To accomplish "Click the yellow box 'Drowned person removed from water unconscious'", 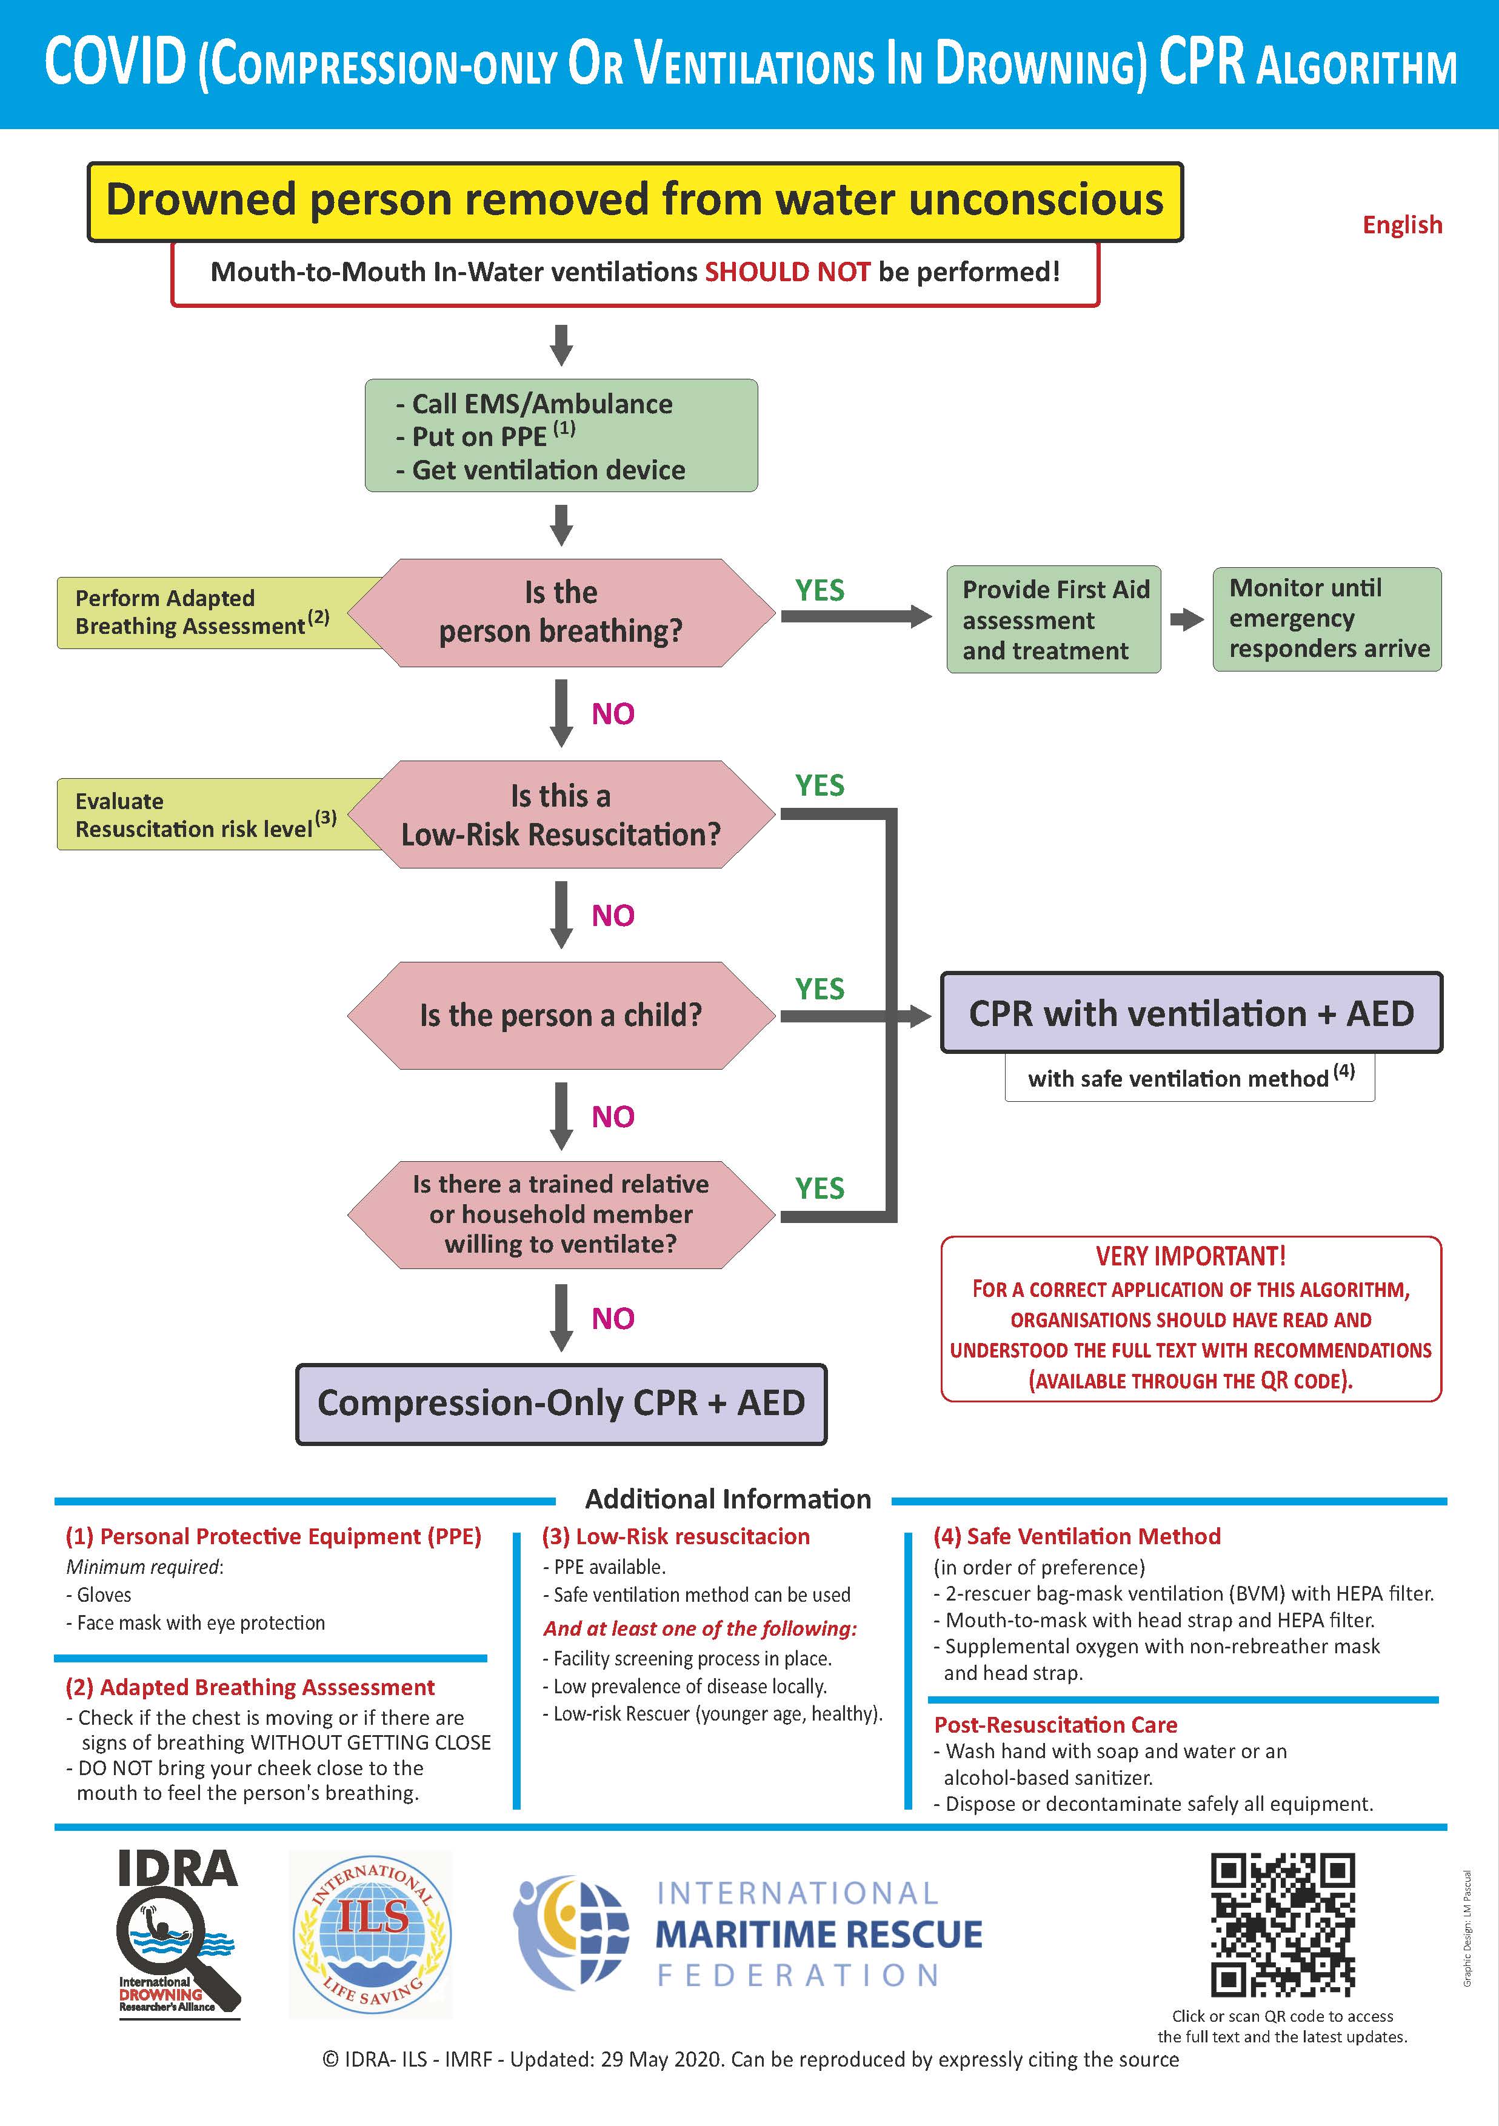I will click(x=635, y=201).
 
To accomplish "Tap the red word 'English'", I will click(x=1402, y=225).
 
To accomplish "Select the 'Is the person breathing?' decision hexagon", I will click(x=561, y=612).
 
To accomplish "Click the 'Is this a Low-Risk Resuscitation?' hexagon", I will click(x=561, y=815).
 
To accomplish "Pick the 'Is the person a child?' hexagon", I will click(x=561, y=1016).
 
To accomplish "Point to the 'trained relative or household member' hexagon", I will click(x=561, y=1214).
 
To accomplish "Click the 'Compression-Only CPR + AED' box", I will click(x=561, y=1404).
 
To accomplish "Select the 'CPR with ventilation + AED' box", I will click(x=1192, y=1013).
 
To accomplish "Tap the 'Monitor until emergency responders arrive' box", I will click(x=1327, y=619).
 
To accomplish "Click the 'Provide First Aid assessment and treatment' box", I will click(x=1053, y=619).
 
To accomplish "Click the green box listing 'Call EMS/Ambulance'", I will click(x=561, y=435).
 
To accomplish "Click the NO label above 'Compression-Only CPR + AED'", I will click(x=613, y=1319).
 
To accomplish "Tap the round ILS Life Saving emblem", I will click(x=372, y=1933).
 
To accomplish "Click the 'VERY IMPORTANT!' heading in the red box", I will click(x=1190, y=1256).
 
